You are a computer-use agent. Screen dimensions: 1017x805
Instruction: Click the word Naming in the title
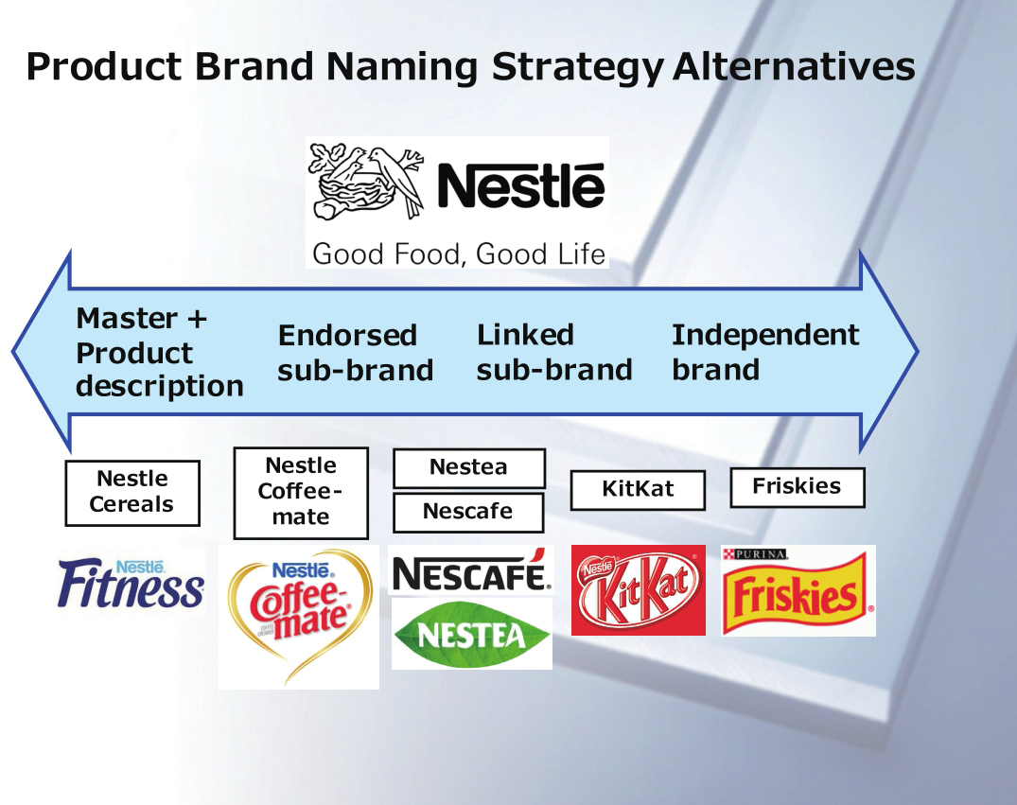[401, 67]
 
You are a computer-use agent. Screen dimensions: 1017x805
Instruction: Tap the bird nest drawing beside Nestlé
[366, 183]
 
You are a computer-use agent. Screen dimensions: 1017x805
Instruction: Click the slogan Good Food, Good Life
[459, 254]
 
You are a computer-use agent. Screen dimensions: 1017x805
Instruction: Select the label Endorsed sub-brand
[356, 353]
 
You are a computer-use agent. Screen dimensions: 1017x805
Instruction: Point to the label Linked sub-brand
[553, 352]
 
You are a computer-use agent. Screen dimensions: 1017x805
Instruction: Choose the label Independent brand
[765, 352]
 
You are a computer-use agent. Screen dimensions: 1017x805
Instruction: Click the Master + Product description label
[160, 352]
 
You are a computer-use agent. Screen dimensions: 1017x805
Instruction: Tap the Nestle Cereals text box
[132, 493]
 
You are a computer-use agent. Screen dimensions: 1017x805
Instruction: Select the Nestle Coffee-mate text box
[301, 493]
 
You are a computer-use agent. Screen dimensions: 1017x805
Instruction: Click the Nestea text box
[469, 467]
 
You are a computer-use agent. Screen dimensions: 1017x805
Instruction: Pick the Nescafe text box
[468, 513]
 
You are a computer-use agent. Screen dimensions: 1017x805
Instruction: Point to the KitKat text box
[638, 490]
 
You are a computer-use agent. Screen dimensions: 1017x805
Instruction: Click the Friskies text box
[798, 487]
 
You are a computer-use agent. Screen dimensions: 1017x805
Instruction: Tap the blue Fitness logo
[131, 583]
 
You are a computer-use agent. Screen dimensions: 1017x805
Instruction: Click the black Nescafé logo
[471, 571]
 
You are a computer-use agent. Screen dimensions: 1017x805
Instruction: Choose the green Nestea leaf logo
[471, 635]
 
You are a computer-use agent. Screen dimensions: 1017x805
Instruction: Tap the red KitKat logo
[639, 590]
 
